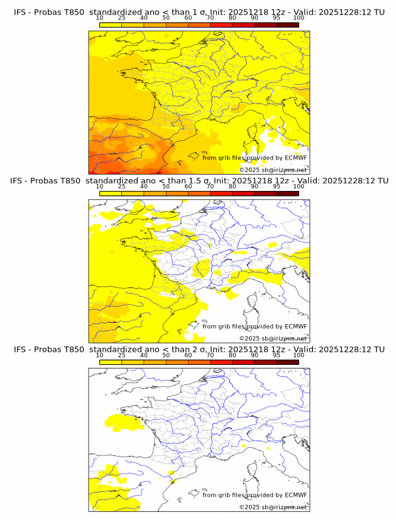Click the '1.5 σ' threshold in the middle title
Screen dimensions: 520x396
pos(201,181)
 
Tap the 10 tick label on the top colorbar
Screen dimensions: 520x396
pos(99,18)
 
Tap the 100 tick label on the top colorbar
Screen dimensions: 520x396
pos(299,18)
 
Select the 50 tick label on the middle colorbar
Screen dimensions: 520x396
pos(166,187)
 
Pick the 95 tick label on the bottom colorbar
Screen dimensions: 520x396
pos(277,355)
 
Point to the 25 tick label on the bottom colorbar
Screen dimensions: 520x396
pos(121,355)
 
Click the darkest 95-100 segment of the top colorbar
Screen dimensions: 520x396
pos(287,24)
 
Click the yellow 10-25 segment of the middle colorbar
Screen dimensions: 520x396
pos(111,193)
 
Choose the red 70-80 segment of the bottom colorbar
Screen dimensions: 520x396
pos(221,362)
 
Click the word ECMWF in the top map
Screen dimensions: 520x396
pos(295,158)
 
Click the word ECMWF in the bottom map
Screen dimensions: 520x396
pos(295,495)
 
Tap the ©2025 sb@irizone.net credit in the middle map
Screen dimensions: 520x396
pos(273,339)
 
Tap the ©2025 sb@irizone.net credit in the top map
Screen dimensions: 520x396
pos(273,170)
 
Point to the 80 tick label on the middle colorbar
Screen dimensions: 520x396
pos(233,187)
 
